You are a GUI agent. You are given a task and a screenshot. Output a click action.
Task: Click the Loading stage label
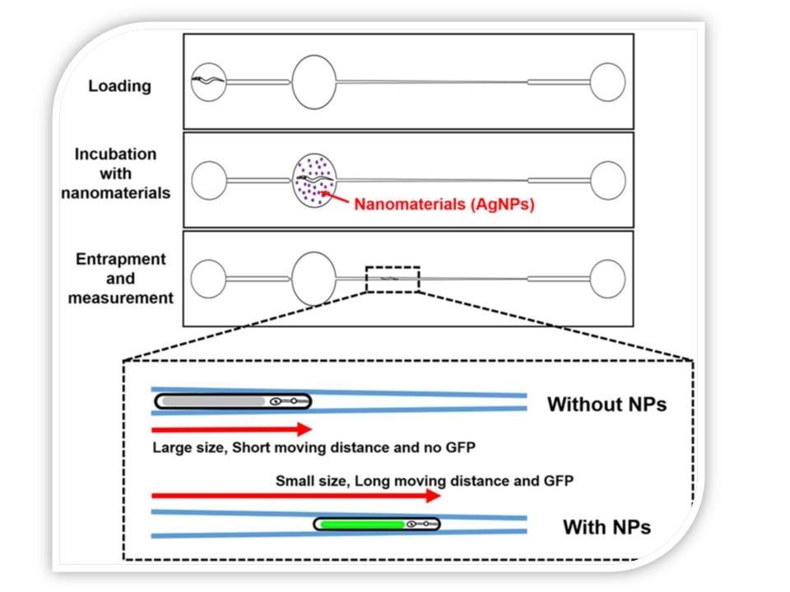coord(120,86)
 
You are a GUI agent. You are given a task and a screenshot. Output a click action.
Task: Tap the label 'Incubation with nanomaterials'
coord(121,173)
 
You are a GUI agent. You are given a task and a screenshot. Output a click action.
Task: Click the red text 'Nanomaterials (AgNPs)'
coord(444,205)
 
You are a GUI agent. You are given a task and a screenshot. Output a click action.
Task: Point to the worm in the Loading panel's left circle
coord(206,81)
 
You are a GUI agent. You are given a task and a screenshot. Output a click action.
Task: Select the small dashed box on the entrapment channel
coord(393,280)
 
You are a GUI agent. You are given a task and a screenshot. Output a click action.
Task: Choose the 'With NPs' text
coord(606,526)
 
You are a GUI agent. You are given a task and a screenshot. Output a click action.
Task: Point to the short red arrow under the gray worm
coord(231,428)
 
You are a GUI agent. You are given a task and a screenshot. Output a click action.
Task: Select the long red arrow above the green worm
coord(296,496)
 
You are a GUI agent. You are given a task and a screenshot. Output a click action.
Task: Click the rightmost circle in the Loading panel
coord(608,81)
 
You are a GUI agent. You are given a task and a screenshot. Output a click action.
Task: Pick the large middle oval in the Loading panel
coord(314,81)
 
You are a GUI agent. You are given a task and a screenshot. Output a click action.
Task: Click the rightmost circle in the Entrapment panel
coord(608,278)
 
